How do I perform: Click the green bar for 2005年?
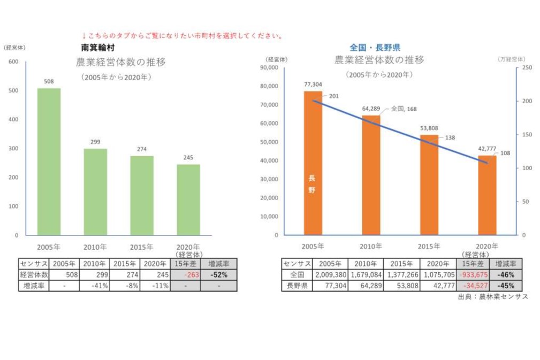tap(49, 162)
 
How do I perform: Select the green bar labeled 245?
tap(188, 200)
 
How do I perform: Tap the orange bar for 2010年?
tap(371, 175)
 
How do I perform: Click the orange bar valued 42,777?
tap(487, 195)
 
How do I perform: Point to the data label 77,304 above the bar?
tap(313, 85)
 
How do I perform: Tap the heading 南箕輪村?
tap(97, 48)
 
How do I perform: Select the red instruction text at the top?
tap(182, 36)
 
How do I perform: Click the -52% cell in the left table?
tap(218, 274)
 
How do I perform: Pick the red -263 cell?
tap(185, 274)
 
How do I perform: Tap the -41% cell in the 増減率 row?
tap(95, 286)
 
